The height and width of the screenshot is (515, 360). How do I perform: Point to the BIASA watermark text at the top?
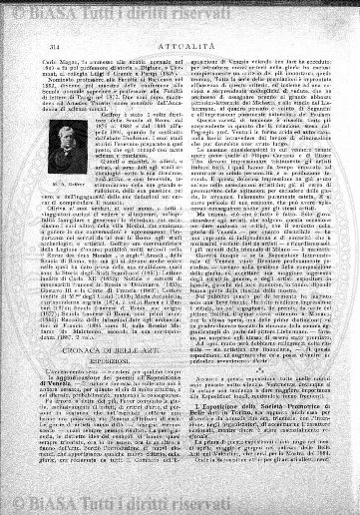point(180,11)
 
